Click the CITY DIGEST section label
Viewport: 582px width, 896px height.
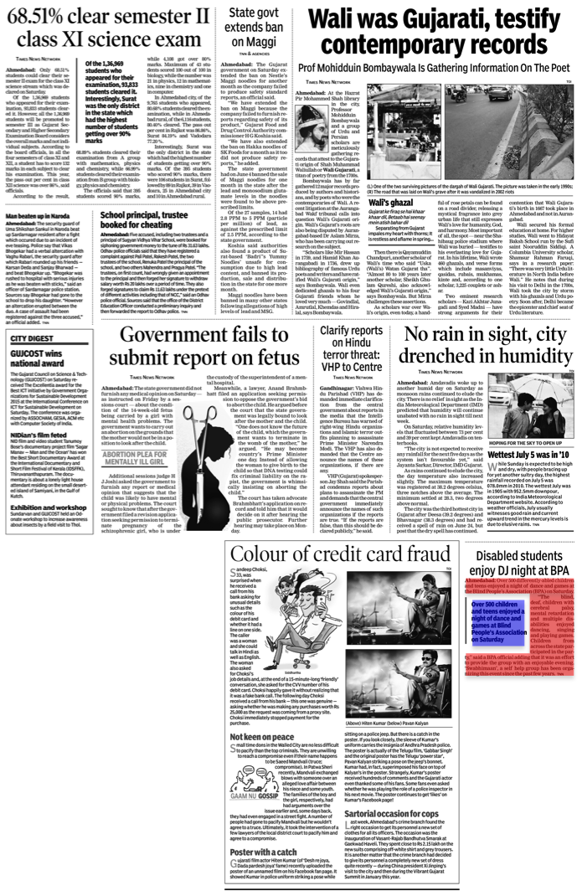point(30,337)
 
